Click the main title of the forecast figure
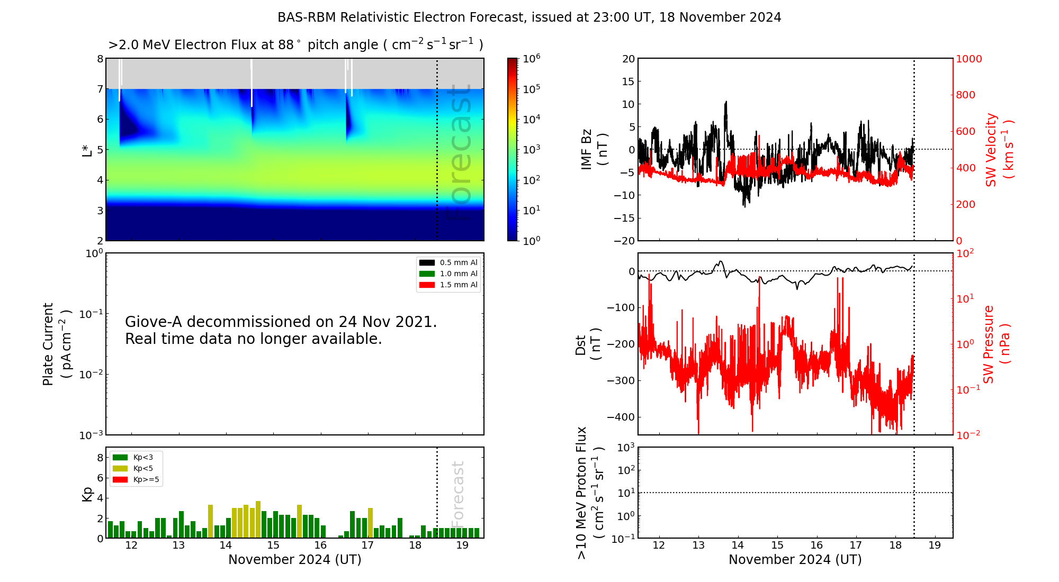click(x=529, y=17)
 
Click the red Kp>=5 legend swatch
click(x=120, y=480)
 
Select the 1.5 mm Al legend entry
click(x=448, y=285)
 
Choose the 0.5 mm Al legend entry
click(x=448, y=262)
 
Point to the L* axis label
click(x=87, y=150)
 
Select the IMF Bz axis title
click(x=594, y=150)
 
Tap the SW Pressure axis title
click(x=996, y=344)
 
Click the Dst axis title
click(x=588, y=344)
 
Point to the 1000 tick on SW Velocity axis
click(x=968, y=59)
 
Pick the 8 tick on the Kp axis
click(x=100, y=458)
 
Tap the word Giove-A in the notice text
click(x=154, y=322)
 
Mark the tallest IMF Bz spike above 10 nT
click(x=726, y=102)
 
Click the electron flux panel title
click(x=295, y=44)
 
